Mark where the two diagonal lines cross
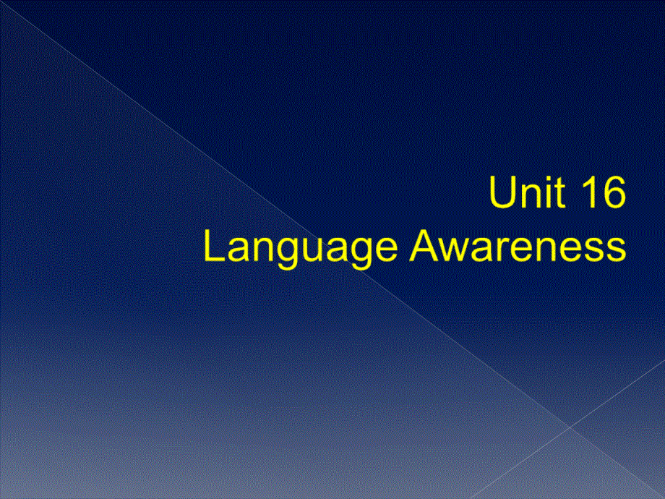coord(571,427)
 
